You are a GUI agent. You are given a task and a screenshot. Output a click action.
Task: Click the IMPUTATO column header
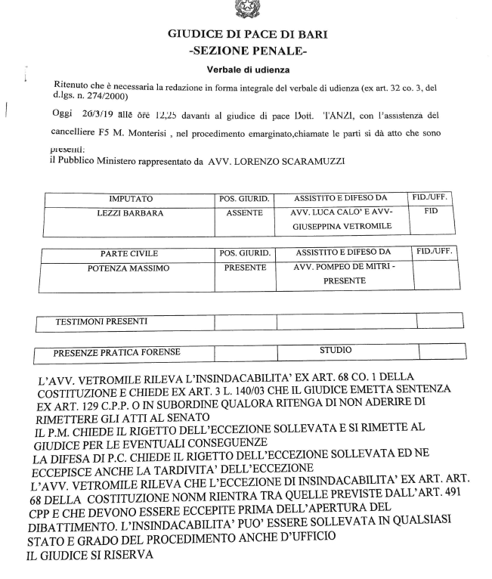pos(125,199)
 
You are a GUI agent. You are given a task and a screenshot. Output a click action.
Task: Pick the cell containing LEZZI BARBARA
pos(125,213)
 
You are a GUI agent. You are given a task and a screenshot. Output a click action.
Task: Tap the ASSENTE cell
pos(244,213)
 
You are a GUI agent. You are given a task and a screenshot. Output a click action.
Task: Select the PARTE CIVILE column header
pos(125,253)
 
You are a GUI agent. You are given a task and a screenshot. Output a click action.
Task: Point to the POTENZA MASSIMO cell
pos(125,268)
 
